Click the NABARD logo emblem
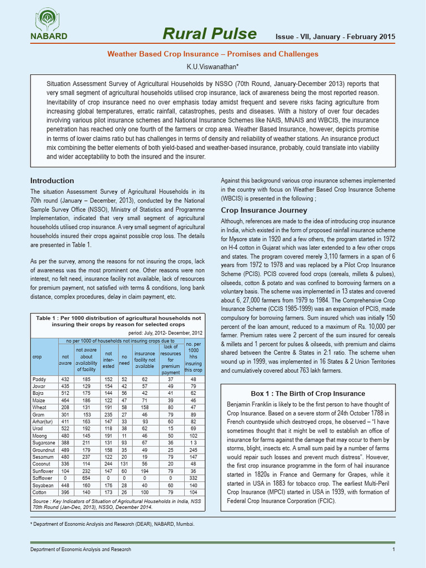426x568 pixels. click(x=49, y=21)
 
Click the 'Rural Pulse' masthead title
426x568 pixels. click(x=209, y=34)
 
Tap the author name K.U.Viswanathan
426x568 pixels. click(x=212, y=67)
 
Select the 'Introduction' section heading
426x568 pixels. click(x=52, y=181)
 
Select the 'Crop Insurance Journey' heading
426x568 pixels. click(x=264, y=210)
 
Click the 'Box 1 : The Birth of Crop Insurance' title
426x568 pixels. click(x=308, y=394)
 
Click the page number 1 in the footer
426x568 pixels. click(x=393, y=549)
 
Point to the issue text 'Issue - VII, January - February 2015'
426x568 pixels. click(x=336, y=37)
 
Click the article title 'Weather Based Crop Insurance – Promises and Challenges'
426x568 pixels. click(x=212, y=54)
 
